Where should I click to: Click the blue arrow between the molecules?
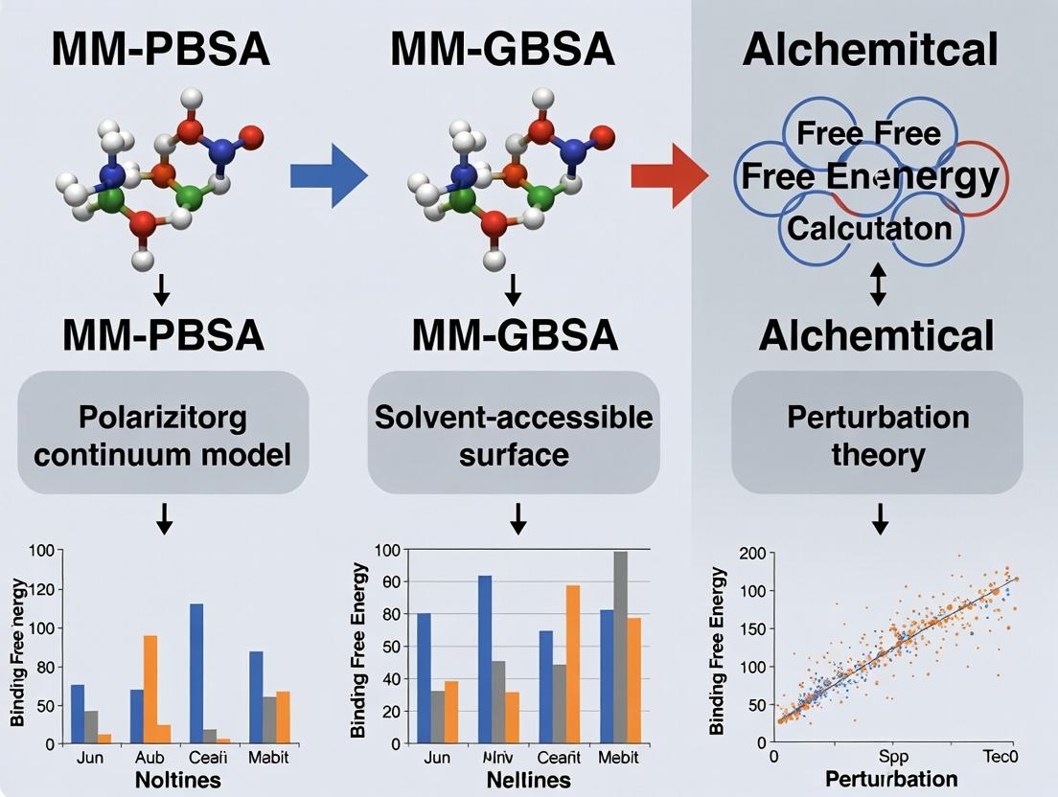click(x=329, y=174)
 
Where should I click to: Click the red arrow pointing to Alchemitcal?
click(x=669, y=174)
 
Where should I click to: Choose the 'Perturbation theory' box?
click(x=877, y=434)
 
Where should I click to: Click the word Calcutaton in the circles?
click(x=869, y=228)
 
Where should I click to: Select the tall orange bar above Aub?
click(x=150, y=689)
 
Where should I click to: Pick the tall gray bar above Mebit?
click(x=620, y=648)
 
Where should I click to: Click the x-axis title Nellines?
click(x=517, y=780)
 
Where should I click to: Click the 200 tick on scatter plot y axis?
click(x=753, y=553)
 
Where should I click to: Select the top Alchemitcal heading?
click(x=869, y=49)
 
